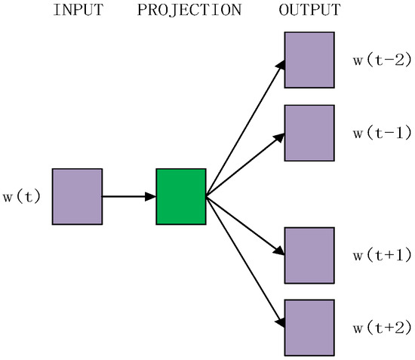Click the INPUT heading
pyautogui.click(x=77, y=11)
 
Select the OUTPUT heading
pyautogui.click(x=309, y=11)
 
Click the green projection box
pyautogui.click(x=181, y=196)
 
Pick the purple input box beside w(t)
pyautogui.click(x=77, y=196)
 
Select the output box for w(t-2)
pyautogui.click(x=309, y=60)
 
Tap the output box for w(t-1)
pyautogui.click(x=309, y=133)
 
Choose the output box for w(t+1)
pyautogui.click(x=309, y=254)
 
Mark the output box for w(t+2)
pyautogui.click(x=309, y=326)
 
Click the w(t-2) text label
pyautogui.click(x=381, y=60)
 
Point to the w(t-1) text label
pyautogui.click(x=381, y=133)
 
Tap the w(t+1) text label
pyautogui.click(x=381, y=254)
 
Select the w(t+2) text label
pyautogui.click(x=381, y=327)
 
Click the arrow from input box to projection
pyautogui.click(x=127, y=196)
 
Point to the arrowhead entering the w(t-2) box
pyautogui.click(x=280, y=66)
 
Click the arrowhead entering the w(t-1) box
pyautogui.click(x=279, y=138)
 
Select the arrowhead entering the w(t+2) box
pyautogui.click(x=280, y=323)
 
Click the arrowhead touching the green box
pyautogui.click(x=151, y=196)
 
